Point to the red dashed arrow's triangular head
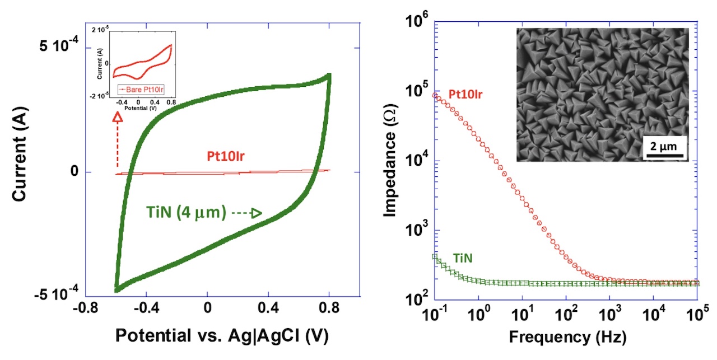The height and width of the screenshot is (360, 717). (118, 117)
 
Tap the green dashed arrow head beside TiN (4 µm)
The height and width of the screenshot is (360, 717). (256, 213)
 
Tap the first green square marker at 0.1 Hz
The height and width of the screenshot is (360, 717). (435, 257)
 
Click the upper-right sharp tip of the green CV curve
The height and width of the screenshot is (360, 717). (329, 75)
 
